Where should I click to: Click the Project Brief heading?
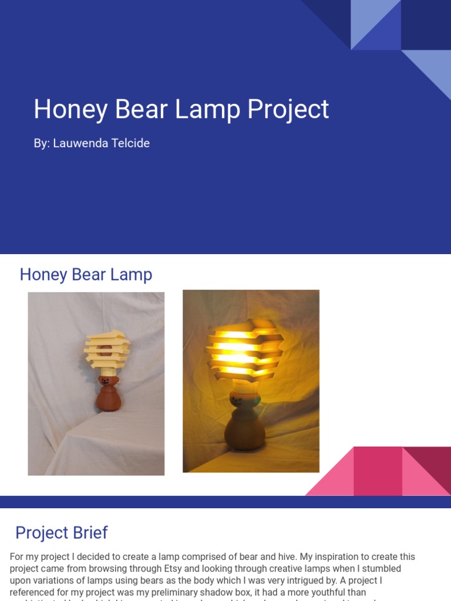[62, 532]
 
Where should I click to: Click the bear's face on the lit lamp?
[238, 401]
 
